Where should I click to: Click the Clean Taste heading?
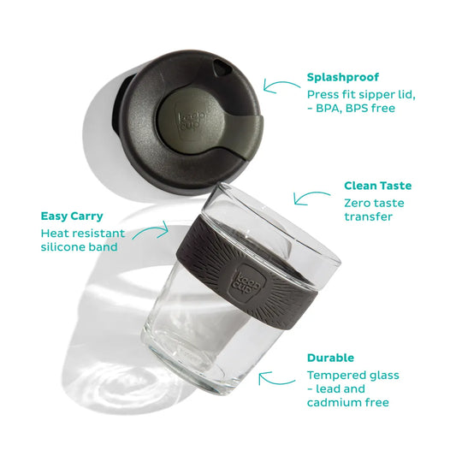pyautogui.click(x=377, y=185)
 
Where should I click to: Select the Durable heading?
pyautogui.click(x=330, y=358)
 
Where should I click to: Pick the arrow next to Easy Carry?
pyautogui.click(x=153, y=231)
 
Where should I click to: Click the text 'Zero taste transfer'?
pyautogui.click(x=374, y=210)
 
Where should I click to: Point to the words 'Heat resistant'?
pyautogui.click(x=82, y=233)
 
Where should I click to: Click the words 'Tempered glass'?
pyautogui.click(x=352, y=375)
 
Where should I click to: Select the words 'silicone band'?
pyautogui.click(x=79, y=247)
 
